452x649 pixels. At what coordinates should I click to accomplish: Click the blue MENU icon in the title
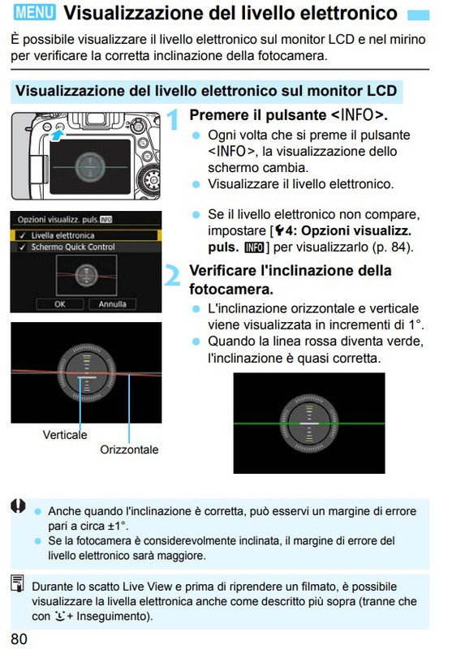pos(34,12)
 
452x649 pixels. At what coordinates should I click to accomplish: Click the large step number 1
pos(173,118)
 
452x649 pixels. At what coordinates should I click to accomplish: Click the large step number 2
pos(172,275)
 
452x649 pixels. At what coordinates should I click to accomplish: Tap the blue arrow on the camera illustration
pos(57,135)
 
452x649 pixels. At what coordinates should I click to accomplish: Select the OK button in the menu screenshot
pos(60,304)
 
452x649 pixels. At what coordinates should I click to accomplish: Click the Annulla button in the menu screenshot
pos(112,304)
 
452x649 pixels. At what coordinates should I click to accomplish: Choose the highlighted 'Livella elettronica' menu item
pos(86,235)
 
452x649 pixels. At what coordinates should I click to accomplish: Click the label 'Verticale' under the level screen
pos(65,435)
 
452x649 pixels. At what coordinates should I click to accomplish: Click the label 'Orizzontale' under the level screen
pos(129,449)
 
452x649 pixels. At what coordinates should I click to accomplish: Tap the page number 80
pos(19,639)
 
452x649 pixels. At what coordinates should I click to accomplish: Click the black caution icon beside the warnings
pos(18,505)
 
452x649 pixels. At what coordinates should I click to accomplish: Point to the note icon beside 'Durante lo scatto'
pos(18,582)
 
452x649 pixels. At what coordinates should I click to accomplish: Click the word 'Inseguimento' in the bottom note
pos(113,617)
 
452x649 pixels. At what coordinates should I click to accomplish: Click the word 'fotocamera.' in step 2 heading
pos(231,289)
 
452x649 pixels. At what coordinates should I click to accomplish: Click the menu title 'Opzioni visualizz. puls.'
pos(58,219)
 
